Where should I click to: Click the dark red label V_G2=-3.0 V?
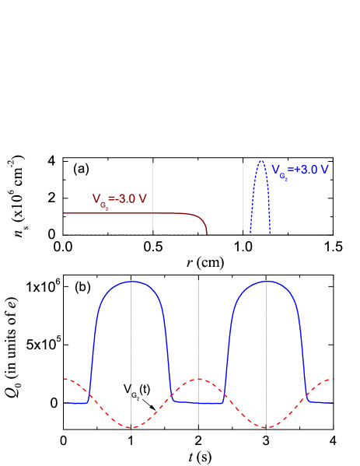[120, 199]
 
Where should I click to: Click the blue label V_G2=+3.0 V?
[300, 170]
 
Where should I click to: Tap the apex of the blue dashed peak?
[260, 160]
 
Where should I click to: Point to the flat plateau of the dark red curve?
[124, 212]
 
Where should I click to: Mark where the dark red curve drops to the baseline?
[207, 233]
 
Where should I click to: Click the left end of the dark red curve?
[65, 212]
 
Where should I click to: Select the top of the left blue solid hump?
[133, 282]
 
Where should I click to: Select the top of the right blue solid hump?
[267, 282]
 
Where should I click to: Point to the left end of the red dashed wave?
[65, 379]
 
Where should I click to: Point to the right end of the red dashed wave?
[333, 379]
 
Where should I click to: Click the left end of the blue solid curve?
[65, 403]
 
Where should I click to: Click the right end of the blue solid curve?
[333, 403]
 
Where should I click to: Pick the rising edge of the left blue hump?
[93, 350]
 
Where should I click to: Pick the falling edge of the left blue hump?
[167, 350]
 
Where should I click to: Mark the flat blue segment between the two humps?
[198, 402]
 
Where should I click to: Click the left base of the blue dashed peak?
[250, 233]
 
